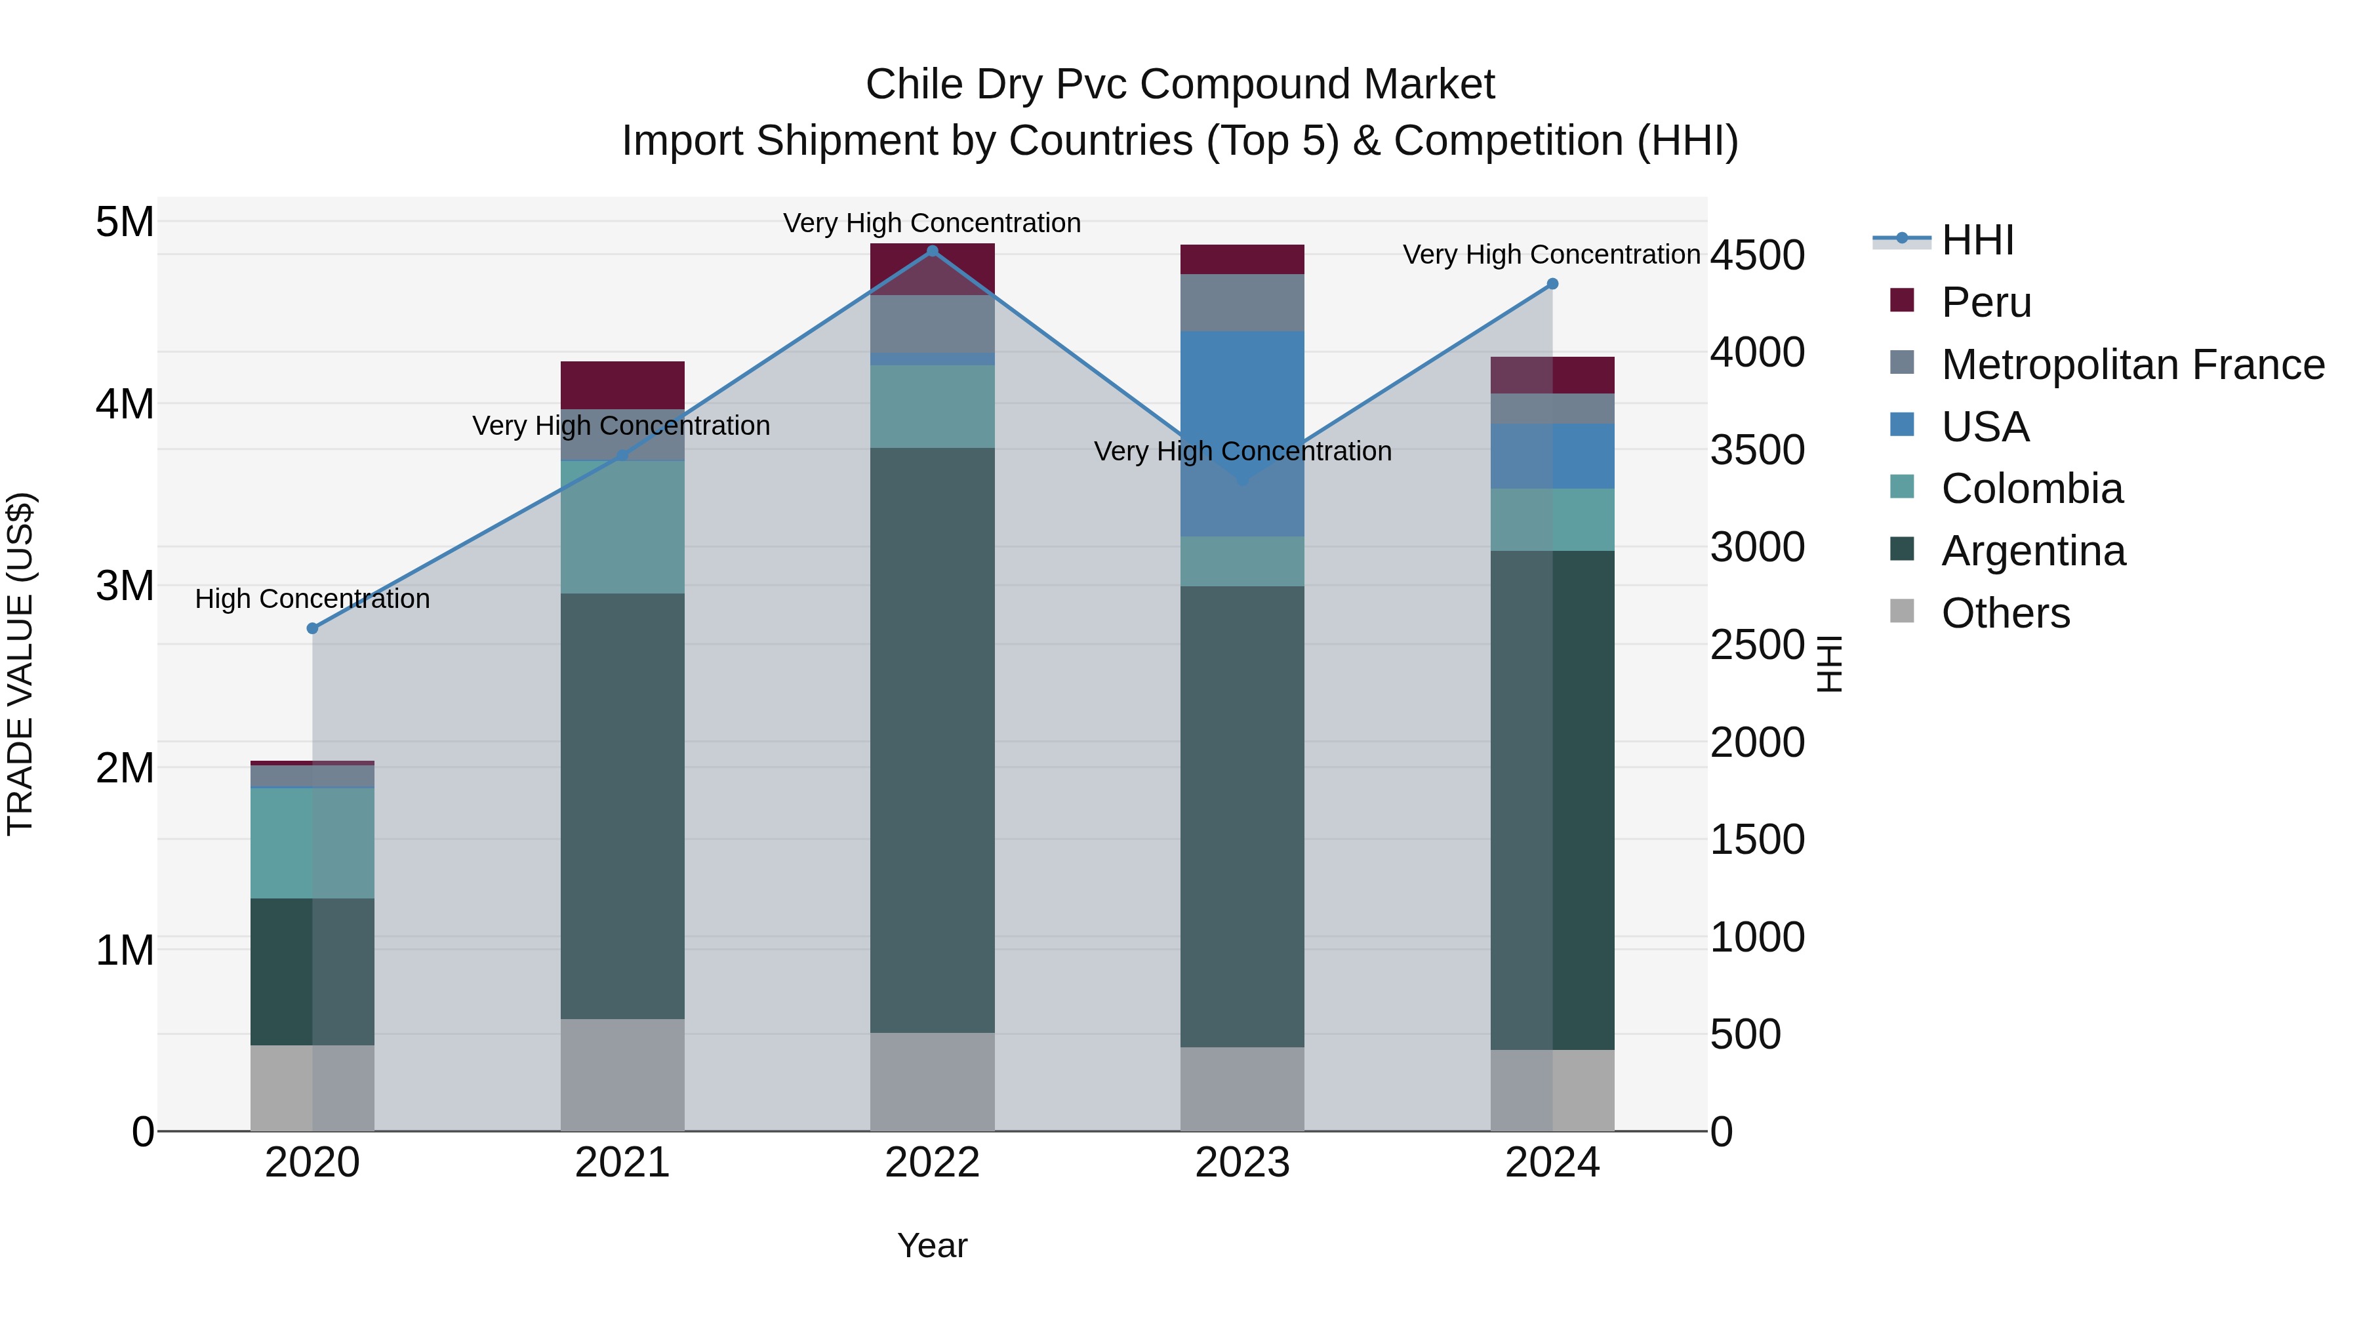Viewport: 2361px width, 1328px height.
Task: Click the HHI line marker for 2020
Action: pos(313,629)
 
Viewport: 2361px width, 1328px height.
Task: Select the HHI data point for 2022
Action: pos(932,251)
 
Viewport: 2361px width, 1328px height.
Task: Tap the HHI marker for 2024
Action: pos(1552,284)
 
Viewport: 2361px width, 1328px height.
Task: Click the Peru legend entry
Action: pos(1985,302)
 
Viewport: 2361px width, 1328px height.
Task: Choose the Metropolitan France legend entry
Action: pos(2132,365)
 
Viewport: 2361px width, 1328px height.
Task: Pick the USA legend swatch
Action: pos(1902,425)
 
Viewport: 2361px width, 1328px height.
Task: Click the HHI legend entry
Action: pos(1977,240)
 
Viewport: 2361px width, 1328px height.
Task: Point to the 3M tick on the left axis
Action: pos(125,586)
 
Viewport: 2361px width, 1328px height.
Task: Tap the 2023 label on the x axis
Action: pos(1242,1163)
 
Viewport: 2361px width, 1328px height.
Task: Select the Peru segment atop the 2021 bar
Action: pos(622,385)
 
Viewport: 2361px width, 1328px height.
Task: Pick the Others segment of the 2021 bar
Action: pos(622,1074)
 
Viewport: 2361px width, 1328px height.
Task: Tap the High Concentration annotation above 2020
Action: pos(313,599)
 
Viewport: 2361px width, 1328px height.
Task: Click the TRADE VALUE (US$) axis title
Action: pos(20,664)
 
